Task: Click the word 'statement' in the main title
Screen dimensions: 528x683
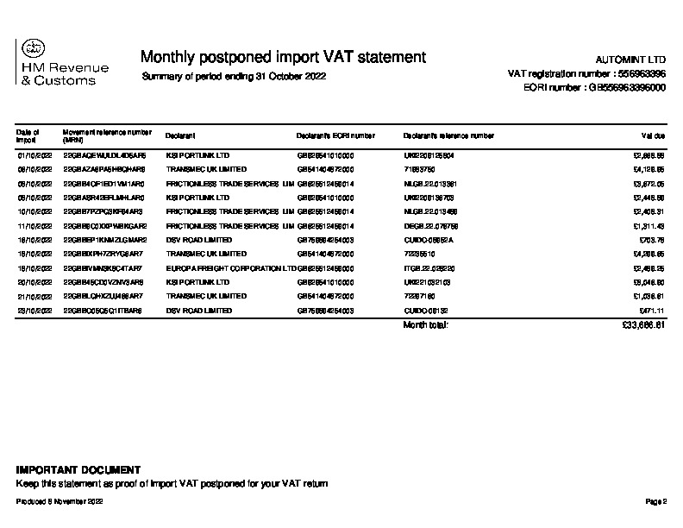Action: pyautogui.click(x=387, y=57)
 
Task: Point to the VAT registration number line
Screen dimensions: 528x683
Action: pyautogui.click(x=586, y=74)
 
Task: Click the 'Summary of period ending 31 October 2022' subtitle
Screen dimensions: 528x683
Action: pyautogui.click(x=233, y=77)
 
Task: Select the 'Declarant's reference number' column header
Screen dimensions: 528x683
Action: pyautogui.click(x=448, y=135)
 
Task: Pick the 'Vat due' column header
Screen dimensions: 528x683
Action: pyautogui.click(x=653, y=135)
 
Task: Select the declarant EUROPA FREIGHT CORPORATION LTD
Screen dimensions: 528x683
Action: pyautogui.click(x=229, y=267)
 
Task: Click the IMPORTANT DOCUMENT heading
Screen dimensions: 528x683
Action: pyautogui.click(x=78, y=470)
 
